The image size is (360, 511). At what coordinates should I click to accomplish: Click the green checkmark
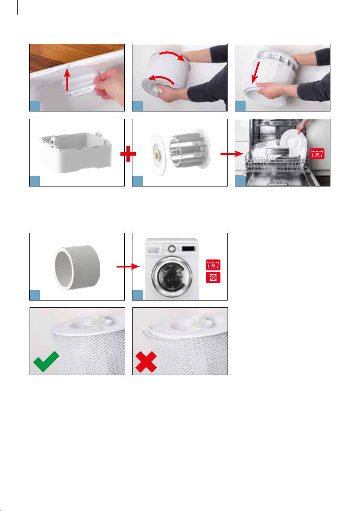(46, 361)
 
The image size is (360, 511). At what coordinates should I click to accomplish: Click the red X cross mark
(146, 362)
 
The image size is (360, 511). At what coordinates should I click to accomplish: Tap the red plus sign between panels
(128, 154)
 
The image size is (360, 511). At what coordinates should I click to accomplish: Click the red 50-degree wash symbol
(317, 153)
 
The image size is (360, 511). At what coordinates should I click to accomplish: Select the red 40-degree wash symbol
(213, 265)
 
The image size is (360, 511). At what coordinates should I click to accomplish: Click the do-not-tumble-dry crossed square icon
(213, 277)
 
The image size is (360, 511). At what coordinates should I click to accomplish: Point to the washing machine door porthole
(172, 277)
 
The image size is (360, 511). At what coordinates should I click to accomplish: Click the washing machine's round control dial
(172, 249)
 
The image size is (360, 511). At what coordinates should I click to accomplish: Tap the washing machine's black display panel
(188, 249)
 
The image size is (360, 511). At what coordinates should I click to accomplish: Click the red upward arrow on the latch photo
(67, 79)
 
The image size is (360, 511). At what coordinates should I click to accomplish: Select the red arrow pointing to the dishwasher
(231, 153)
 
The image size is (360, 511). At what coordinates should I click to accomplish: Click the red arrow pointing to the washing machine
(128, 267)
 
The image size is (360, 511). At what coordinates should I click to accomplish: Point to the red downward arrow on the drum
(256, 72)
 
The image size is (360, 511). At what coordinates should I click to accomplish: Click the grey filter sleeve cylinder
(77, 268)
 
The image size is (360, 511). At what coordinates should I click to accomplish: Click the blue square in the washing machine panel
(138, 295)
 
